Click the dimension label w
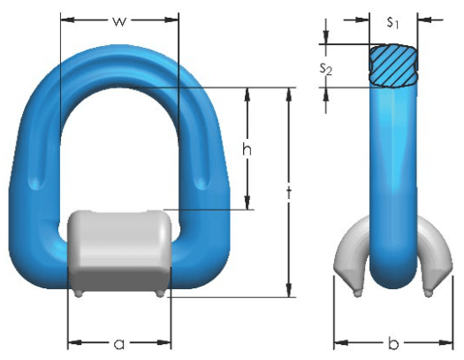[x=119, y=21]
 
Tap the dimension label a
[x=119, y=344]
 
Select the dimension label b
[x=393, y=342]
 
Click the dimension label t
[x=289, y=193]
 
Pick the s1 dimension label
[x=393, y=22]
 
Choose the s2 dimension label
[x=326, y=69]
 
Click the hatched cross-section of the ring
[x=393, y=65]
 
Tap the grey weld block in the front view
[x=119, y=251]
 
